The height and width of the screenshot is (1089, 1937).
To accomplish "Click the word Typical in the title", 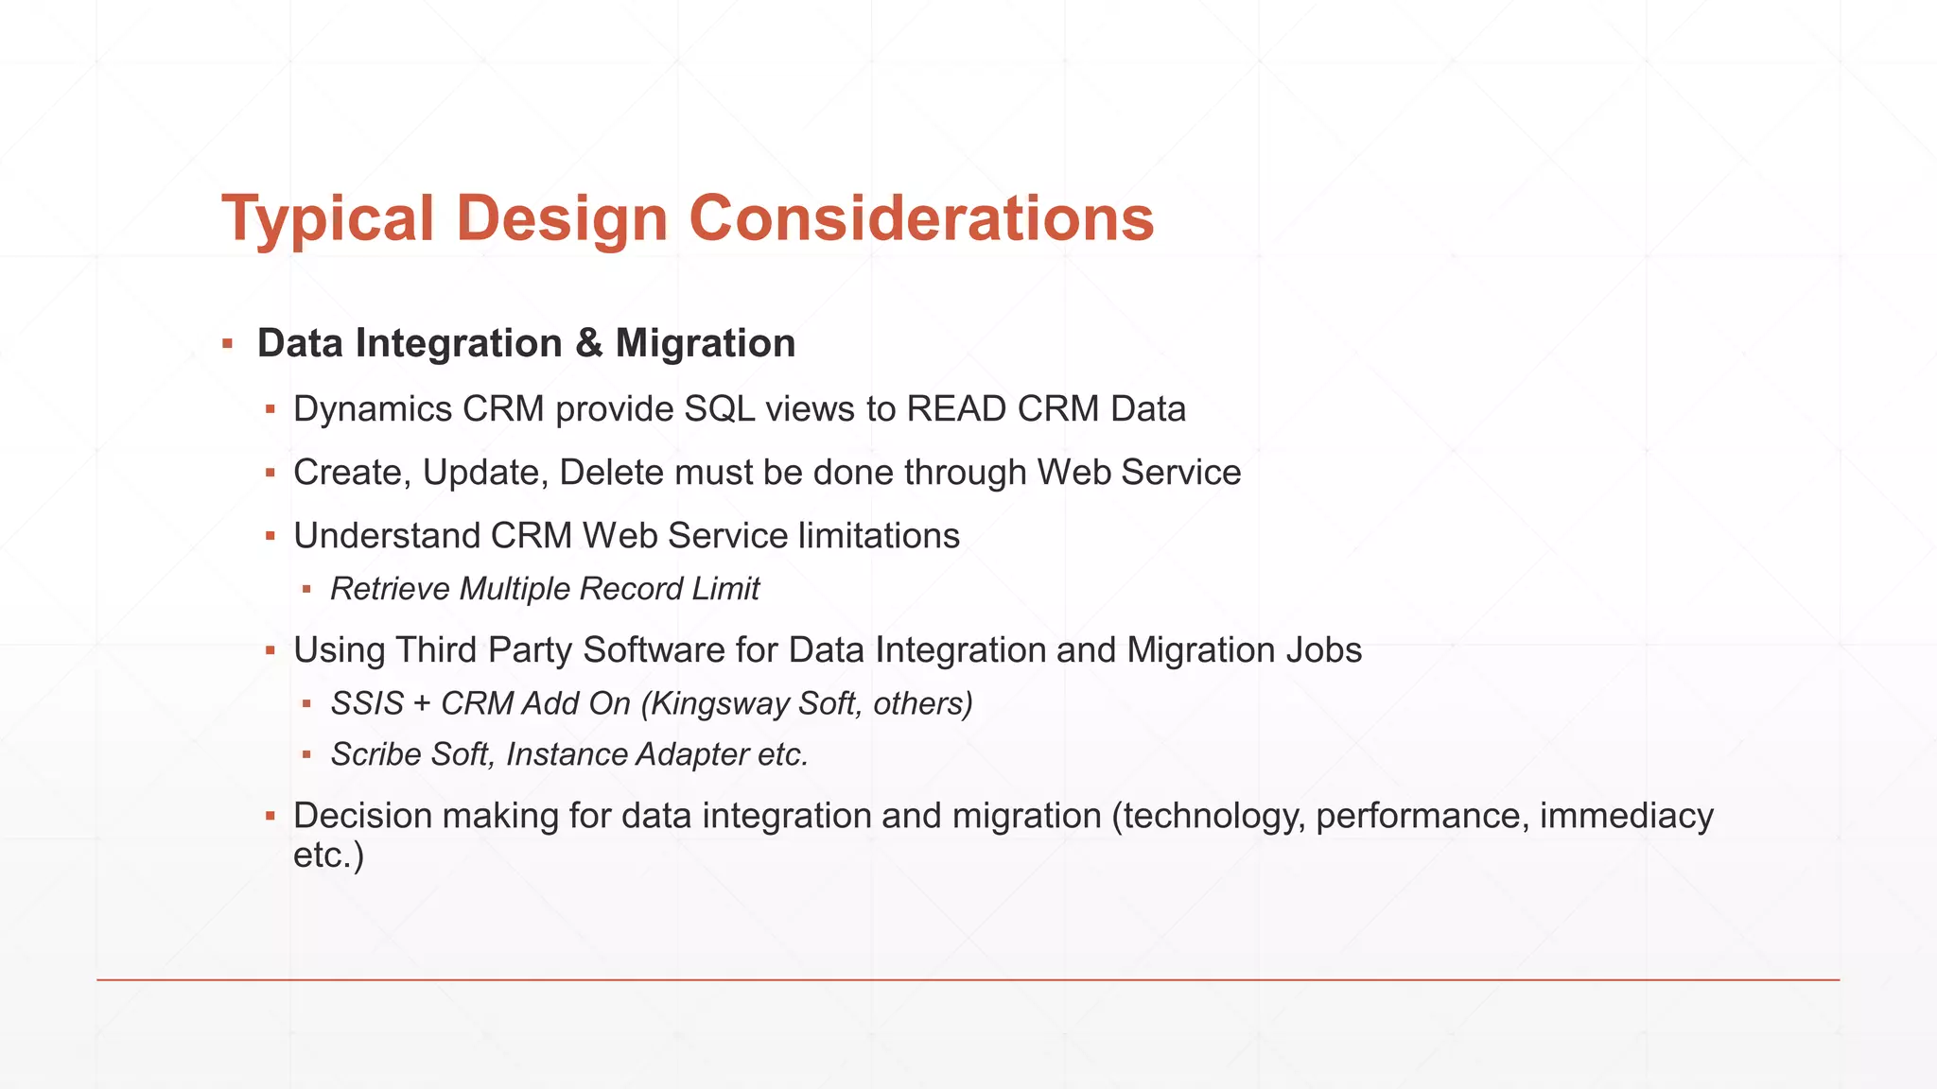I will point(327,219).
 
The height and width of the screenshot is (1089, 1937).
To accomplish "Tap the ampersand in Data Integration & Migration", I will point(588,343).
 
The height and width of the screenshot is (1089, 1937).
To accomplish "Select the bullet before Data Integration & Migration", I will point(228,344).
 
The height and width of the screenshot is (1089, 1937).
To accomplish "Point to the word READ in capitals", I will point(956,409).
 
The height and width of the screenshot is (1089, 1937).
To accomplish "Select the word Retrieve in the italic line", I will point(390,589).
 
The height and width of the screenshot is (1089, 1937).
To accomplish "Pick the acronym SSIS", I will point(367,704).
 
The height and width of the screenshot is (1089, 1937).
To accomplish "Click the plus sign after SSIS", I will point(422,704).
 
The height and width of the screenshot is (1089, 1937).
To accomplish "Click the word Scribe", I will point(375,755).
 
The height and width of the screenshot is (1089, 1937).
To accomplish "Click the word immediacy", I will point(1626,816).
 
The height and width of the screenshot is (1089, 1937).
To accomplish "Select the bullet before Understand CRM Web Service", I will point(270,537).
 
